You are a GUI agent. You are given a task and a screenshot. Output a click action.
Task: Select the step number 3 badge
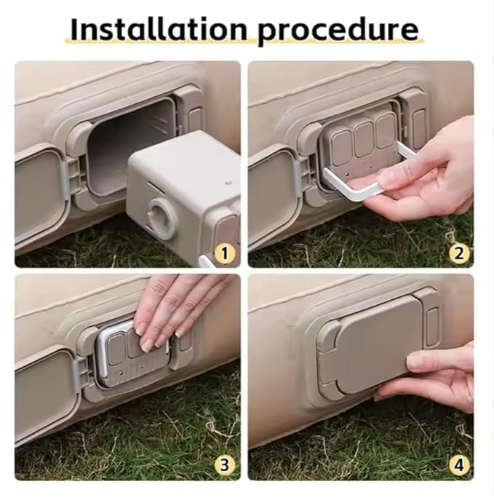point(226,464)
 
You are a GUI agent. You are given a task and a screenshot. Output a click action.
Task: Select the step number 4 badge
point(458,464)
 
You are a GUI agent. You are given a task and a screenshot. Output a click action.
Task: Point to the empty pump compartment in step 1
point(131,146)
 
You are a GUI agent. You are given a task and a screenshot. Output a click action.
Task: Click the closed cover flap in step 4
point(371,342)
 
